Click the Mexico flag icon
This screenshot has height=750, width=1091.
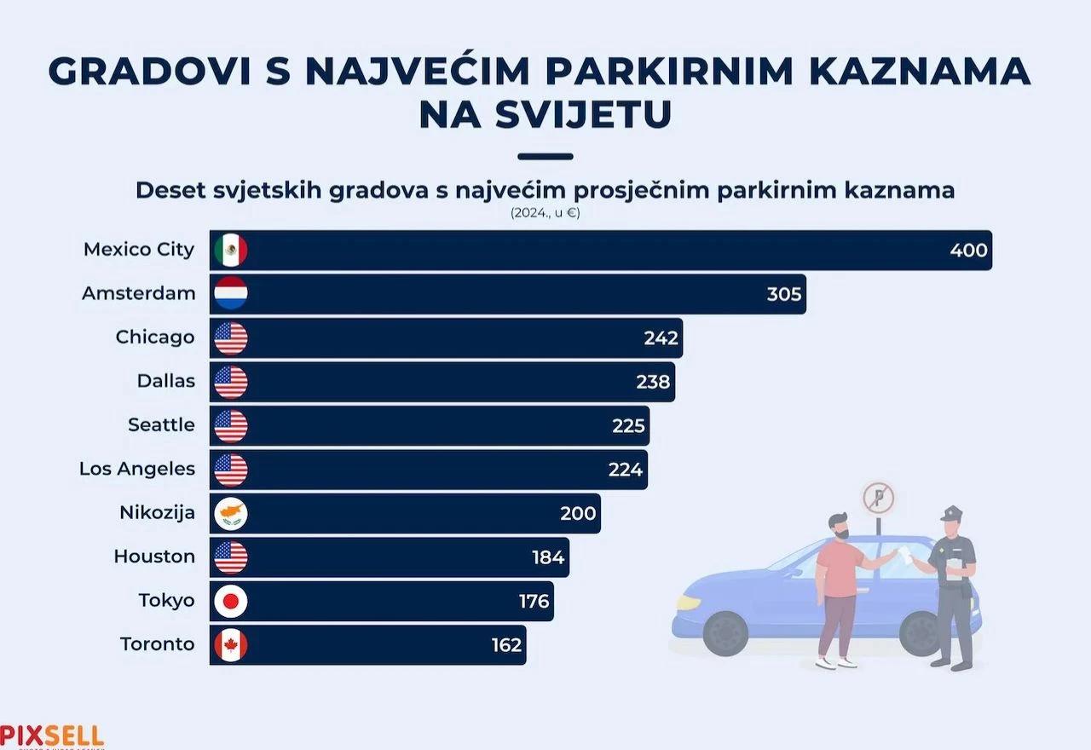pyautogui.click(x=230, y=251)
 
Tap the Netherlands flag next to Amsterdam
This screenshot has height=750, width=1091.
pyautogui.click(x=230, y=294)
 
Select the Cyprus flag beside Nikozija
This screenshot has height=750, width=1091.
pyautogui.click(x=230, y=513)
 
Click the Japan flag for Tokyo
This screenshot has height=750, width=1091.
pyautogui.click(x=230, y=601)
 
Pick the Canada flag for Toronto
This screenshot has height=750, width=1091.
pyautogui.click(x=230, y=644)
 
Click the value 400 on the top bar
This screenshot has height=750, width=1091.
pyautogui.click(x=968, y=251)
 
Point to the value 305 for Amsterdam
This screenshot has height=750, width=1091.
pyautogui.click(x=783, y=294)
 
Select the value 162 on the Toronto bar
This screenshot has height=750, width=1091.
pyautogui.click(x=506, y=645)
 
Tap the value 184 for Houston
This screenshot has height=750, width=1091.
pyautogui.click(x=548, y=557)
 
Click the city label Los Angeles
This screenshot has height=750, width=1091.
pyautogui.click(x=137, y=469)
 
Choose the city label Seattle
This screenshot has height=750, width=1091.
pyautogui.click(x=161, y=424)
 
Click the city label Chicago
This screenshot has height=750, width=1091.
pyautogui.click(x=155, y=337)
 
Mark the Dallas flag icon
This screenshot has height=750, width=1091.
pyautogui.click(x=230, y=382)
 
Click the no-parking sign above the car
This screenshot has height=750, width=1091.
pyautogui.click(x=878, y=497)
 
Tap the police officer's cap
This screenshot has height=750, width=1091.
pyautogui.click(x=951, y=513)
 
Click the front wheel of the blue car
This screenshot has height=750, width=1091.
pyautogui.click(x=726, y=632)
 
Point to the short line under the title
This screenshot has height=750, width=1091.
pyautogui.click(x=545, y=157)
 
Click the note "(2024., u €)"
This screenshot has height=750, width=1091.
pyautogui.click(x=545, y=213)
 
